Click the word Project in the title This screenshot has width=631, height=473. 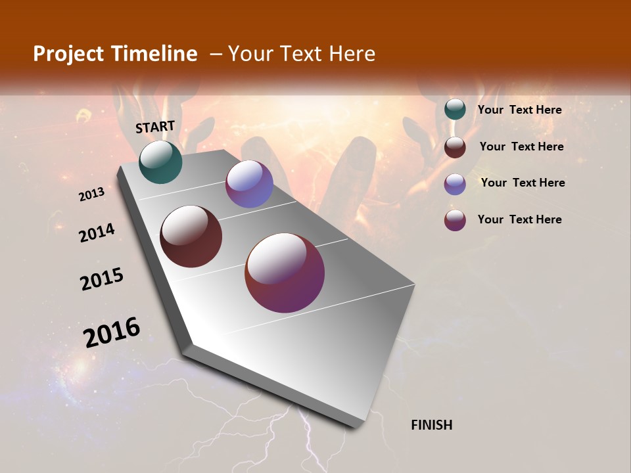69,54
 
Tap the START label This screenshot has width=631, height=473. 155,126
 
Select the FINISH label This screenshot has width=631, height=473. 431,425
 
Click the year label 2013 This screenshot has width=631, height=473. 91,194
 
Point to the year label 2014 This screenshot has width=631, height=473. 97,233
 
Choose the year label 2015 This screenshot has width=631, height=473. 102,279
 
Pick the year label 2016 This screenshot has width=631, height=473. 112,332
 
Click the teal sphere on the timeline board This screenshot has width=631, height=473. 160,162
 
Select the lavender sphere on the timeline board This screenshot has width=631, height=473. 249,184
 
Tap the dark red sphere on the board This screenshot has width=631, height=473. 191,236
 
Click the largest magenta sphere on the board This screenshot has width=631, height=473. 285,273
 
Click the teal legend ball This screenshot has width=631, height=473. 455,110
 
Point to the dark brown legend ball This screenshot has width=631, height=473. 455,146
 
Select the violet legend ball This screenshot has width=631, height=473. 455,183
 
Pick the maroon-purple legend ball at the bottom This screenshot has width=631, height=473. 455,219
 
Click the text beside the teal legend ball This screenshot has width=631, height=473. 519,110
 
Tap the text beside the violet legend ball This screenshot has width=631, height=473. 523,183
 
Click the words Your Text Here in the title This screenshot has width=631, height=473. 302,54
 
